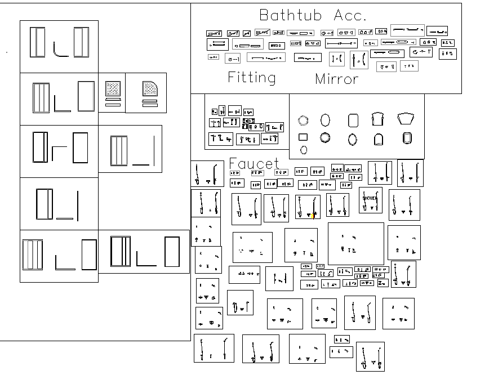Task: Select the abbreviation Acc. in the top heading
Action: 350,15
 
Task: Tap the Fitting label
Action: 252,78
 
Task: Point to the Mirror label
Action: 336,79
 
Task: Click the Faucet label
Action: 254,164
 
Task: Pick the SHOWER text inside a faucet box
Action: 370,199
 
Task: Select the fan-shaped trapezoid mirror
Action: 406,119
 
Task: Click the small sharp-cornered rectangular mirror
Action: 303,137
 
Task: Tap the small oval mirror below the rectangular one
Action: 304,150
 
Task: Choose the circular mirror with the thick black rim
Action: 325,137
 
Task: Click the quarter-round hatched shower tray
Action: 149,88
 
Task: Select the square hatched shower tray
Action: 113,88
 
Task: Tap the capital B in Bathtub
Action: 264,15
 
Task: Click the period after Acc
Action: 365,19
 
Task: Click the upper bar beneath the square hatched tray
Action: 113,100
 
